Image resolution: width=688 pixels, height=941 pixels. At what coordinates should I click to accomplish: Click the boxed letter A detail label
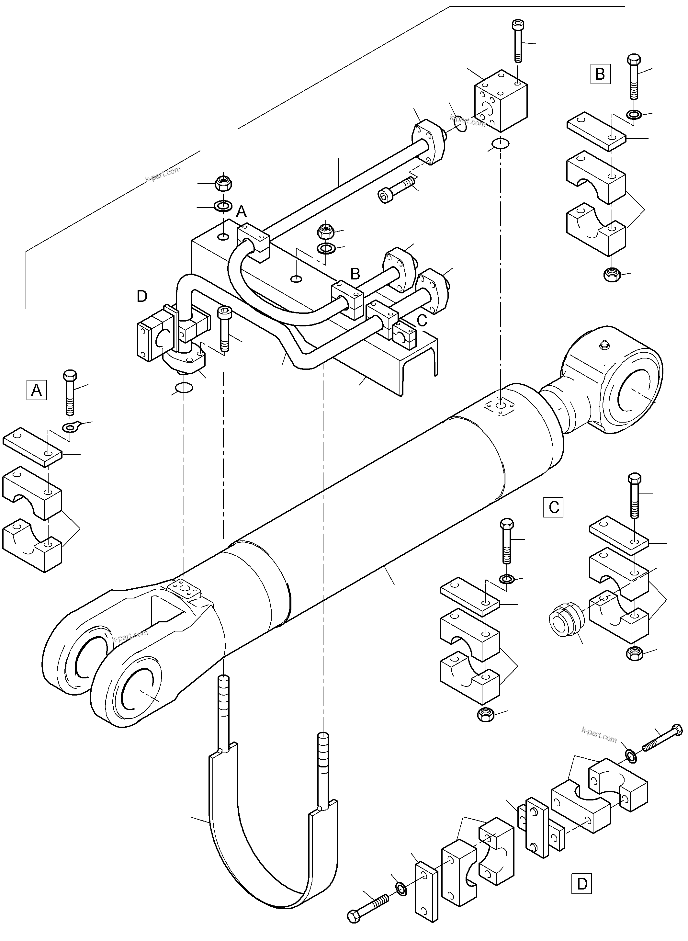click(37, 390)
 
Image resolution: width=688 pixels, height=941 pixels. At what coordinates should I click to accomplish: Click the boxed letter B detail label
click(600, 74)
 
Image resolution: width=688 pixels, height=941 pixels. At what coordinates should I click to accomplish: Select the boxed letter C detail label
click(554, 507)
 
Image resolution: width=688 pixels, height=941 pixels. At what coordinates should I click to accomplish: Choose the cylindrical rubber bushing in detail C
click(567, 622)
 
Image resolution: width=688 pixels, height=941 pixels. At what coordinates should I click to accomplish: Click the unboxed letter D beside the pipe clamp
click(142, 297)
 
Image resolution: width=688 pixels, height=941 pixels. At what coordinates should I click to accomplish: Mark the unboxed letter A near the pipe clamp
click(241, 212)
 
